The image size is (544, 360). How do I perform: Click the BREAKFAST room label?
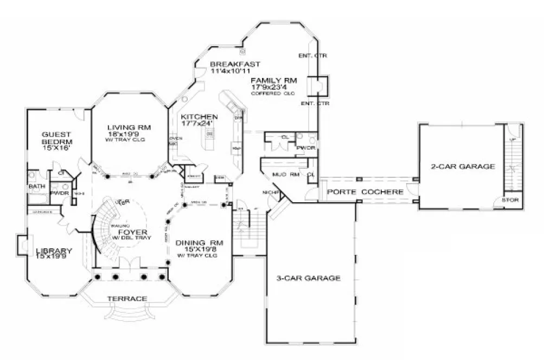232,64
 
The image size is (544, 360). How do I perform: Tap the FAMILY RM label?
273,81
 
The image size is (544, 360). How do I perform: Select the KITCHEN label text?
200,117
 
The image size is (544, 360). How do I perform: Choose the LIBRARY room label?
54,251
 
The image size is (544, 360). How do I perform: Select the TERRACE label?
126,299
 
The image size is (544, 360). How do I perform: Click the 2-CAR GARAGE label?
463,166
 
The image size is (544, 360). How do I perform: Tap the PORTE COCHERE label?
365,192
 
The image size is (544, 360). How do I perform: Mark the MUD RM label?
287,175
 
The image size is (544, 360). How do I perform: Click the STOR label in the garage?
511,200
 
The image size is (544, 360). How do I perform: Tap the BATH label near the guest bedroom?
36,187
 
